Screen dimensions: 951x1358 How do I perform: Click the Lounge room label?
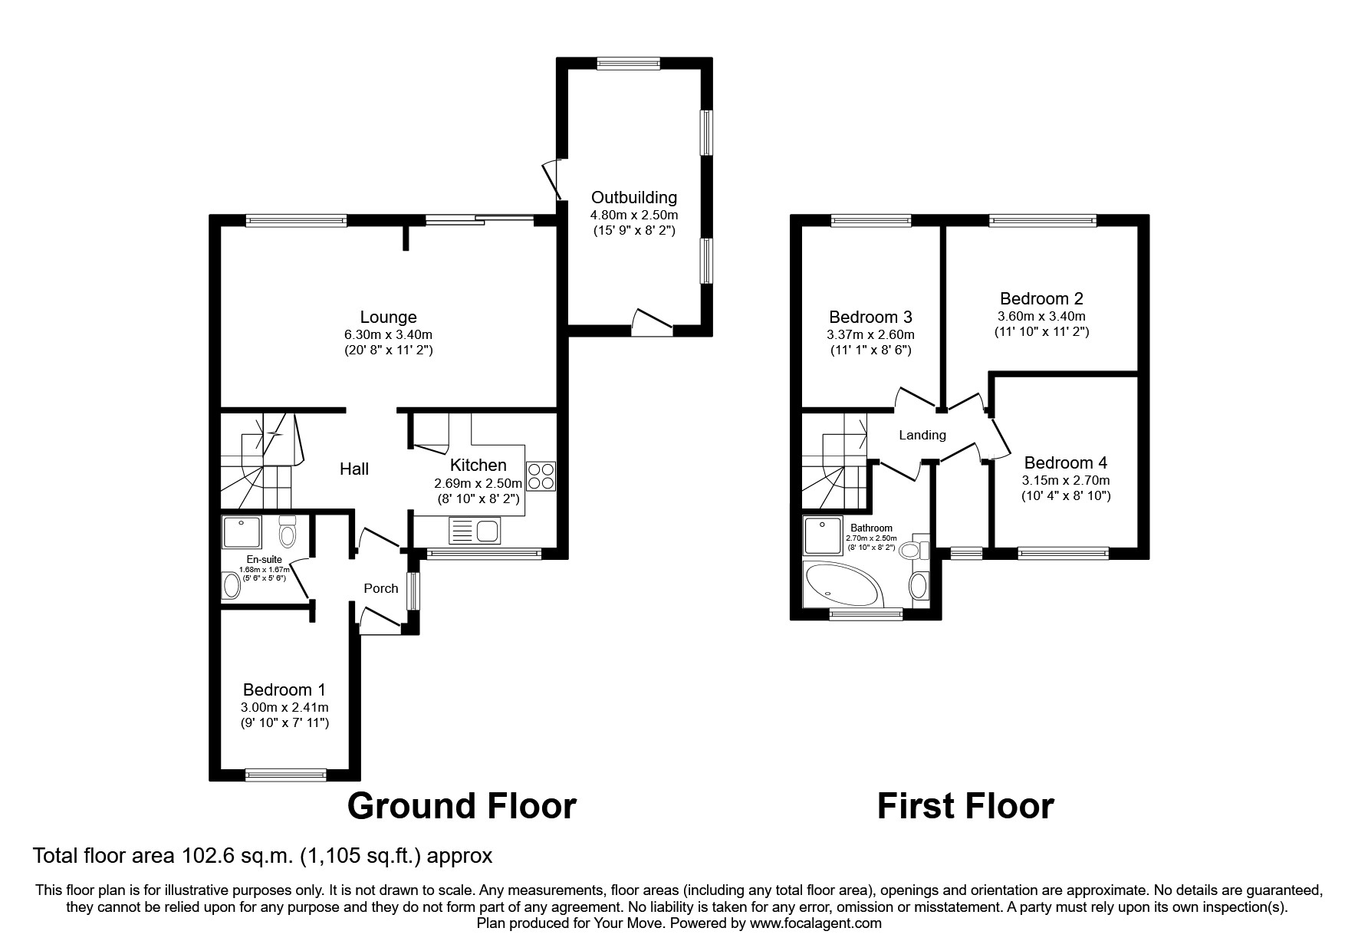pyautogui.click(x=388, y=318)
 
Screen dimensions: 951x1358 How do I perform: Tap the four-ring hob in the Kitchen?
pyautogui.click(x=541, y=477)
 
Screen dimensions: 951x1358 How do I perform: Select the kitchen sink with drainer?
pyautogui.click(x=475, y=531)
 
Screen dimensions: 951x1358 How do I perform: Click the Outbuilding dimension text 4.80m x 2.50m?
pyautogui.click(x=633, y=216)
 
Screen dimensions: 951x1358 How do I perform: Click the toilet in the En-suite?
pyautogui.click(x=288, y=530)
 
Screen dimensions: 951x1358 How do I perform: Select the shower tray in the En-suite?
pyautogui.click(x=242, y=532)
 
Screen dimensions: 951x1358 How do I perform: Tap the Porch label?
pyautogui.click(x=381, y=588)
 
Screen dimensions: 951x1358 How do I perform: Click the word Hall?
pyautogui.click(x=354, y=469)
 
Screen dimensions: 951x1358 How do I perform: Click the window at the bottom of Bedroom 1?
pyautogui.click(x=285, y=775)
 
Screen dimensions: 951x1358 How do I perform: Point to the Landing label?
pyautogui.click(x=922, y=435)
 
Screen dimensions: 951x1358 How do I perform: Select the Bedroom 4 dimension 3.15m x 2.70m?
pyautogui.click(x=1065, y=481)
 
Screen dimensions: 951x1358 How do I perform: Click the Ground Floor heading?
pyautogui.click(x=462, y=807)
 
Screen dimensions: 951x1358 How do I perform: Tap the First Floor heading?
pyautogui.click(x=965, y=807)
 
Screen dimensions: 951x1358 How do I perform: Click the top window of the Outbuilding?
pyautogui.click(x=628, y=64)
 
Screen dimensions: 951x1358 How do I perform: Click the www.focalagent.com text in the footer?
pyautogui.click(x=816, y=923)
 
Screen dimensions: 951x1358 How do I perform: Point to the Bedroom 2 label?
pyautogui.click(x=1041, y=298)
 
